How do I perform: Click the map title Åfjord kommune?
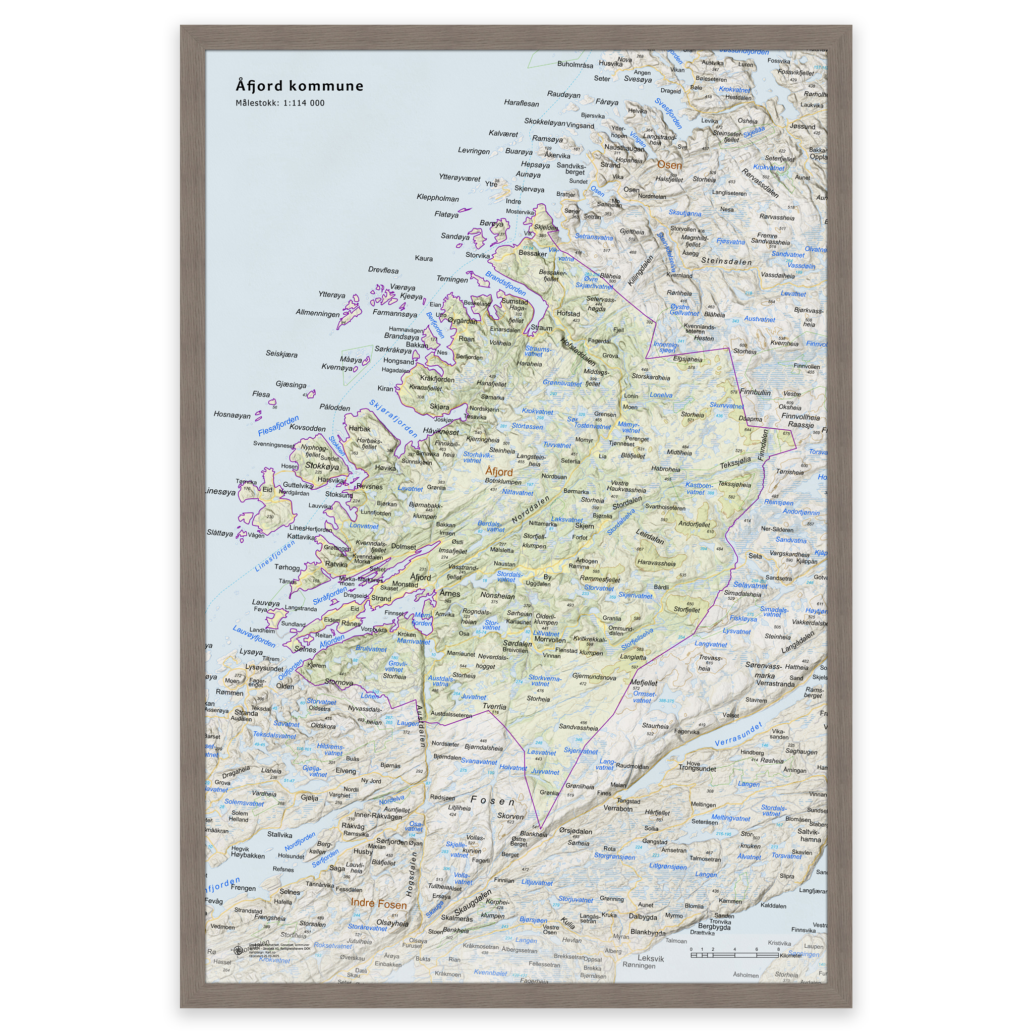pos(300,86)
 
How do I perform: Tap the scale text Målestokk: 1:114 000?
pos(279,103)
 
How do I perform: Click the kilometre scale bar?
pos(734,955)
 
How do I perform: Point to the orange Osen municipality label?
pos(669,165)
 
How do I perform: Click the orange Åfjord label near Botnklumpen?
pos(498,472)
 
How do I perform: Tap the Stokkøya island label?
pos(322,466)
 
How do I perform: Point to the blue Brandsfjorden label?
pos(505,283)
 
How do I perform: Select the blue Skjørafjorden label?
pos(393,419)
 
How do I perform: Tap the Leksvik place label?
pos(650,958)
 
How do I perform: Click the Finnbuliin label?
pos(755,392)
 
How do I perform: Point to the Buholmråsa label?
pos(575,65)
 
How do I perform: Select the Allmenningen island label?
pos(317,313)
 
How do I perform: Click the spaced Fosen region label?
pos(492,801)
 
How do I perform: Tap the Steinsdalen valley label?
pos(726,261)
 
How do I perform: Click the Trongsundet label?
pos(697,768)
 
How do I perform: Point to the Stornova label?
pos(338,683)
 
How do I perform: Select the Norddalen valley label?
pos(531,509)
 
